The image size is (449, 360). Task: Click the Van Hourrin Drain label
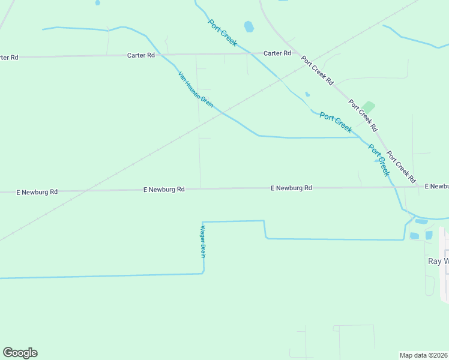pos(196,89)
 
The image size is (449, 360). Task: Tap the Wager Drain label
pos(203,241)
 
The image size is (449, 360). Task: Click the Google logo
pos(20,353)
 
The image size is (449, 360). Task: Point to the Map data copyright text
pos(424,355)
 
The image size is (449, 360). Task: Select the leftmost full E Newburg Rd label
pos(37,192)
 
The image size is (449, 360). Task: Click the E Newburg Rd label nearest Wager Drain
pos(164,189)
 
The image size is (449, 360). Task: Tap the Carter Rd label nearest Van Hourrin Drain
pos(141,55)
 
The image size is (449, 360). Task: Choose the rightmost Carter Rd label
pos(277,53)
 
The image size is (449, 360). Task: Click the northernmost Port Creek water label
pos(223,33)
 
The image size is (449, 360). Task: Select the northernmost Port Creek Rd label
pos(317,70)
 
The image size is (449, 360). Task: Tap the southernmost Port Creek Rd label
pos(402,167)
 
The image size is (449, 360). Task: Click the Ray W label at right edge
pos(438,262)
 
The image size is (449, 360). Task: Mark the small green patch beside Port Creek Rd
pos(368,107)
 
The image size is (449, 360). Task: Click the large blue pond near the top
pos(249,26)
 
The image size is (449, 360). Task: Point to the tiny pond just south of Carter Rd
pos(307,94)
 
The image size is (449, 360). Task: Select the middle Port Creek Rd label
pos(363,115)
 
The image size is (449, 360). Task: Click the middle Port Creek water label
pos(336,122)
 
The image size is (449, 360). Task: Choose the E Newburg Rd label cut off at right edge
pos(436,187)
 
